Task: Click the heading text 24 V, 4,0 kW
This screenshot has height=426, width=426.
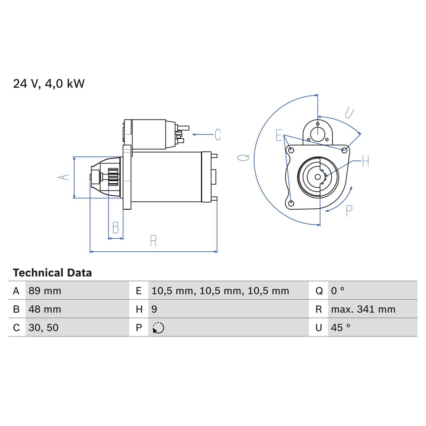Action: pyautogui.click(x=49, y=84)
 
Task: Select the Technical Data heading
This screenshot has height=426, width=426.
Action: pyautogui.click(x=52, y=273)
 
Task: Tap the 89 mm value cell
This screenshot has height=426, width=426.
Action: pyautogui.click(x=45, y=291)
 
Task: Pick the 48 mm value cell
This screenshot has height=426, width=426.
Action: pyautogui.click(x=45, y=309)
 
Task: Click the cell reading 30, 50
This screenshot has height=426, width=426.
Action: pyautogui.click(x=44, y=327)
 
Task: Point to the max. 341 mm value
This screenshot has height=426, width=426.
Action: pyautogui.click(x=363, y=309)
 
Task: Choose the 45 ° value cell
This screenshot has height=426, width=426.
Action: pyautogui.click(x=340, y=327)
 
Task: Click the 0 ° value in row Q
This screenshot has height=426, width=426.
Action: pyautogui.click(x=337, y=291)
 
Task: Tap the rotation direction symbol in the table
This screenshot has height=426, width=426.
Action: pyautogui.click(x=158, y=328)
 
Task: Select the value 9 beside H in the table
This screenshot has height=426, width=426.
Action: pyautogui.click(x=154, y=309)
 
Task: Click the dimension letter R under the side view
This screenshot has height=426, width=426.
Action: pyautogui.click(x=153, y=241)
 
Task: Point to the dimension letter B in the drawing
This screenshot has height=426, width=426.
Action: pyautogui.click(x=115, y=228)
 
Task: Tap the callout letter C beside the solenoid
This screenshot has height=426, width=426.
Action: pyautogui.click(x=218, y=135)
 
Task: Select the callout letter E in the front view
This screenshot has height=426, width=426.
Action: pyautogui.click(x=279, y=135)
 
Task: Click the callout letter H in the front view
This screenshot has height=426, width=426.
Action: pyautogui.click(x=365, y=161)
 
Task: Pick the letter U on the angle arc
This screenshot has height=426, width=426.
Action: pyautogui.click(x=349, y=113)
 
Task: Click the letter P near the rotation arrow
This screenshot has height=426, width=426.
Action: pyautogui.click(x=349, y=211)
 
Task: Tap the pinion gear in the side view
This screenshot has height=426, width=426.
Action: pyautogui.click(x=113, y=177)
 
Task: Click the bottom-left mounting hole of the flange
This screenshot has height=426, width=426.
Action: pyautogui.click(x=292, y=203)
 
